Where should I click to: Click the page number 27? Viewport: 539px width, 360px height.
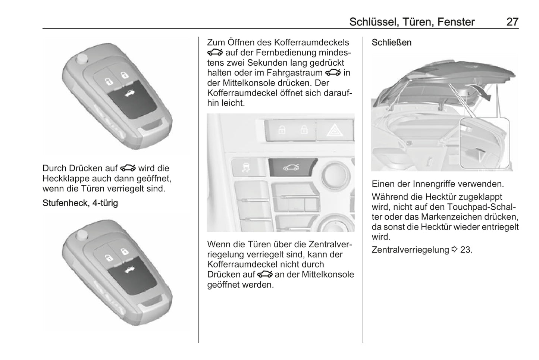512,22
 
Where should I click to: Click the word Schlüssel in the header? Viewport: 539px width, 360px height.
374,22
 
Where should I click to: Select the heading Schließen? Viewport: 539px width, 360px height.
392,43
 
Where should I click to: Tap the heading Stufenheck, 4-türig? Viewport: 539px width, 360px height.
80,203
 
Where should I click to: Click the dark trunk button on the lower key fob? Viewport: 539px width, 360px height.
132,275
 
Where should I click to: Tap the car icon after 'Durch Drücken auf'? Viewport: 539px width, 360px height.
128,168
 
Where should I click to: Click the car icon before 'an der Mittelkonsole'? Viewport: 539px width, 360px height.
265,275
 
